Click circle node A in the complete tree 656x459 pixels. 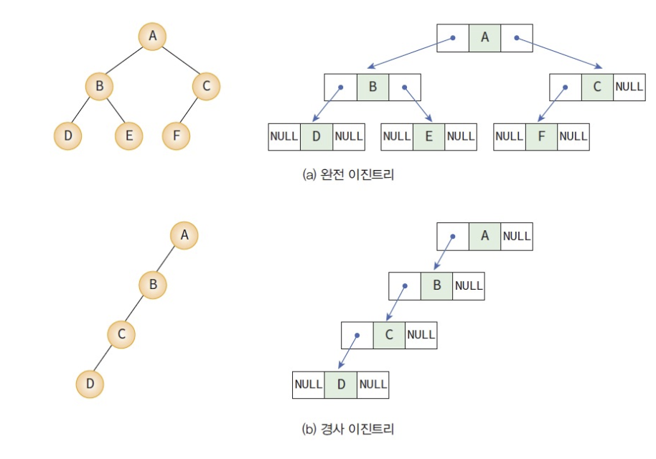152,37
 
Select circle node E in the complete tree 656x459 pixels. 129,135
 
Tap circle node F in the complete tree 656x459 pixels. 176,135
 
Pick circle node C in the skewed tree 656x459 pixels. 121,333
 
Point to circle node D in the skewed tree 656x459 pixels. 90,384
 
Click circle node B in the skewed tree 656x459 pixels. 152,285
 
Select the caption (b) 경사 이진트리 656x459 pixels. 348,430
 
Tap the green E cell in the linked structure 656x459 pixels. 428,136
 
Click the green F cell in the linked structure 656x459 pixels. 541,136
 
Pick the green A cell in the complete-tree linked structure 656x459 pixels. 484,37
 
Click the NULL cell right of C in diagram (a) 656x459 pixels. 629,87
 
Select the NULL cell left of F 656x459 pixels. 510,136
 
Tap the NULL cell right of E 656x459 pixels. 460,136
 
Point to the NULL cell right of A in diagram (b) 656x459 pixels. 517,236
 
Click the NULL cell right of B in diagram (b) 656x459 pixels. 469,285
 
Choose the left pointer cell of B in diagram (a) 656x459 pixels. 340,87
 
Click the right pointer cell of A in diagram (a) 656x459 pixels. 517,37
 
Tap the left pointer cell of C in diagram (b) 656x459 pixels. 357,334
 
